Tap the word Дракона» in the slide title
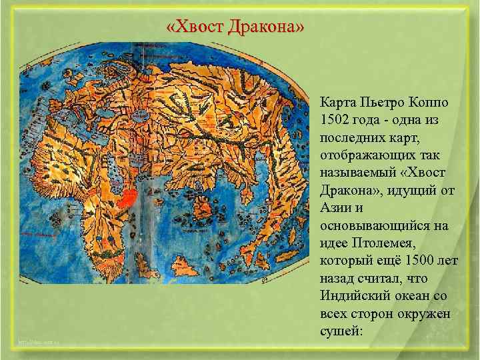pos(267,28)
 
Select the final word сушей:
pos(341,329)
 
